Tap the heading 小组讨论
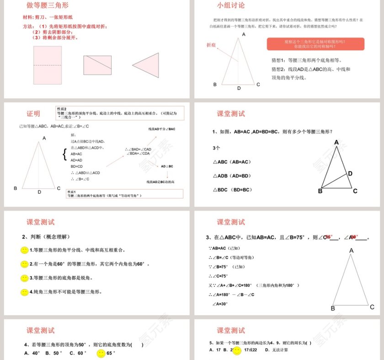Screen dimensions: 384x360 click(x=231, y=6)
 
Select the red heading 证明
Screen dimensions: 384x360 click(x=33, y=114)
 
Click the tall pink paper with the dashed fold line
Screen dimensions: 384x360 click(x=47, y=65)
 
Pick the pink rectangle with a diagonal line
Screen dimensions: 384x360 click(x=97, y=65)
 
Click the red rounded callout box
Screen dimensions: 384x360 click(x=315, y=44)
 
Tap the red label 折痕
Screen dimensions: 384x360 click(x=211, y=45)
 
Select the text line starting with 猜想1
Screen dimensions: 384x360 click(x=306, y=60)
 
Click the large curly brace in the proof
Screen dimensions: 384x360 click(x=64, y=154)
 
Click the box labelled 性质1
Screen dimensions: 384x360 click(x=124, y=194)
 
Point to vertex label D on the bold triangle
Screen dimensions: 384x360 click(x=350, y=174)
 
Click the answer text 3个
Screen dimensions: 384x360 click(x=217, y=148)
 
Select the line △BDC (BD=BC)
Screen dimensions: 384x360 click(x=233, y=190)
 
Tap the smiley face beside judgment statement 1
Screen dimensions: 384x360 click(x=25, y=250)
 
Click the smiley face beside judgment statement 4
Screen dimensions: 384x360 click(x=25, y=292)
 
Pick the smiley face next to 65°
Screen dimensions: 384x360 click(x=101, y=353)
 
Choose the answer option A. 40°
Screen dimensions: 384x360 click(x=32, y=353)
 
